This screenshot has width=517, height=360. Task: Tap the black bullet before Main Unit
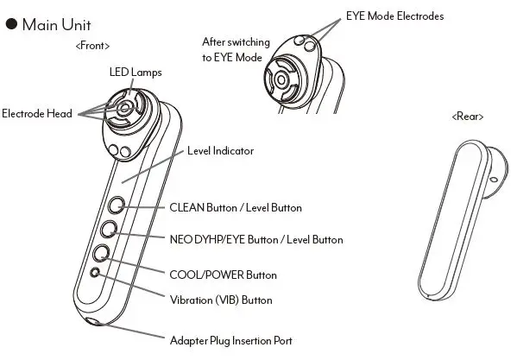pos(11,25)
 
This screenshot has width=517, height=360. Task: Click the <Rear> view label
pos(467,116)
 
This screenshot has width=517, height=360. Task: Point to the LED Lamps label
pos(135,72)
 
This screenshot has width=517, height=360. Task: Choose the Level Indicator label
pos(220,150)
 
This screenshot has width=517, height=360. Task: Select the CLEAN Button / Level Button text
pos(236,207)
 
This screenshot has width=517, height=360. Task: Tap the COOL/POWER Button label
pos(223,275)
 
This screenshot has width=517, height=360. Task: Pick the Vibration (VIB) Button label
pos(220,300)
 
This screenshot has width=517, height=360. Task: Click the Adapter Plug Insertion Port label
pos(230,340)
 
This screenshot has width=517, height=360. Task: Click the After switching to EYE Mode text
pos(236,48)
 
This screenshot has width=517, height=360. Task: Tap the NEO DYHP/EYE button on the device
pos(109,229)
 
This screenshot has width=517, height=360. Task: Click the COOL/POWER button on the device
pos(102,253)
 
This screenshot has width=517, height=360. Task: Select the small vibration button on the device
pos(96,273)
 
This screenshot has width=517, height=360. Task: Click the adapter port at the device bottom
pos(92,324)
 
